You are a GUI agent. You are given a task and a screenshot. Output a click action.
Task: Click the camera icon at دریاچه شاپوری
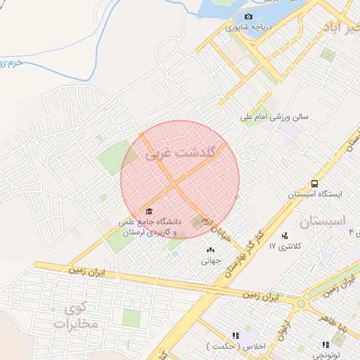point(247,17)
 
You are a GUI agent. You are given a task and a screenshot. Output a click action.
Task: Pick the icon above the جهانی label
point(210,249)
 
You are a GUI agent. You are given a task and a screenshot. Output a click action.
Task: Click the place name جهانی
point(211,260)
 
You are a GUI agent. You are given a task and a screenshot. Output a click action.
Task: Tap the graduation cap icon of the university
point(148,210)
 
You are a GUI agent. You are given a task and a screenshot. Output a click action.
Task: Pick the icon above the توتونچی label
point(325,345)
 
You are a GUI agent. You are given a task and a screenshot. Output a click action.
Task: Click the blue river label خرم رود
point(22,63)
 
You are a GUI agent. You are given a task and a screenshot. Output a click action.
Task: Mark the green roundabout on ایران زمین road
point(302,304)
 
